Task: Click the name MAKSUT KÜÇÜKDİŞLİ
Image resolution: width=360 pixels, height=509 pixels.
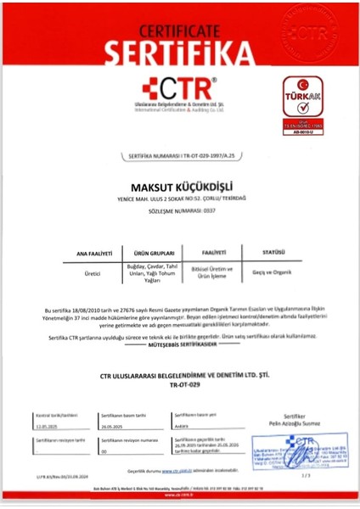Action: point(180,182)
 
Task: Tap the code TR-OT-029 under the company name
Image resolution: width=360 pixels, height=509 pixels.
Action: point(180,384)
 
